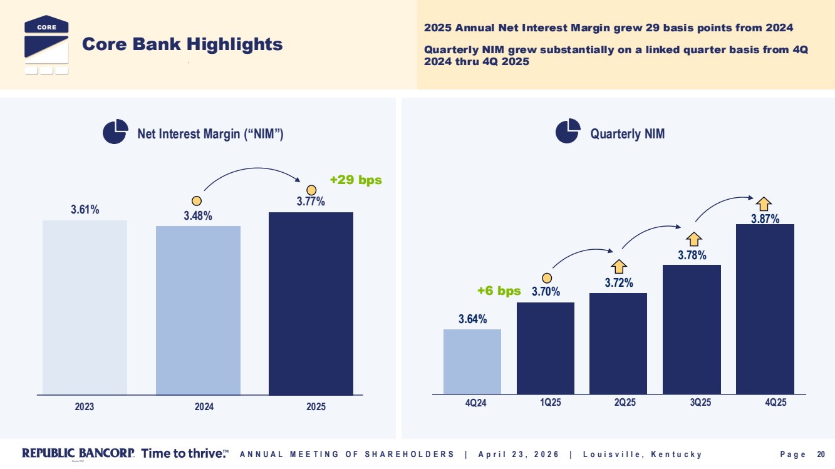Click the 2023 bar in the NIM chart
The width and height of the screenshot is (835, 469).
point(85,307)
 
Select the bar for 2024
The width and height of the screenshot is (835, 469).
point(198,311)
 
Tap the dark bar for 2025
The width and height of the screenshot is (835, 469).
point(311,304)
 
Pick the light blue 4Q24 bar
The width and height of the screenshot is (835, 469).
point(472,362)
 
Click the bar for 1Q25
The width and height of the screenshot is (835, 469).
point(546,348)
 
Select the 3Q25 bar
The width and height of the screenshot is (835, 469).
point(692,329)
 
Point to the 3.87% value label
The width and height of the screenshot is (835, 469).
point(765,219)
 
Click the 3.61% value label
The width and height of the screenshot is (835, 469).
point(85,209)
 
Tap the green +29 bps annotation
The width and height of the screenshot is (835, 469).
point(356,180)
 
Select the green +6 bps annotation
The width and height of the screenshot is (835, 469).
point(499,291)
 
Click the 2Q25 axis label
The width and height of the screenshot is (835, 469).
point(625,403)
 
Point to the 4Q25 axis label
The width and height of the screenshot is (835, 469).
point(775,403)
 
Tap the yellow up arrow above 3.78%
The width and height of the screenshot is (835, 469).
point(693,239)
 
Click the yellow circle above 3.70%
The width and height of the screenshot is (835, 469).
point(547,278)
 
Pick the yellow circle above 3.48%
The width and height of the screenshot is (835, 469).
point(197,201)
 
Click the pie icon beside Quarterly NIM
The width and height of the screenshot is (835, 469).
point(568,131)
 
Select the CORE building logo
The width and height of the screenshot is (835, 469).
point(46,44)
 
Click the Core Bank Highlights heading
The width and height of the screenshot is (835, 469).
point(182,44)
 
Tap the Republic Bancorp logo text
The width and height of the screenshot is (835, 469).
point(78,453)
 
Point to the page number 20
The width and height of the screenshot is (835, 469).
point(821,454)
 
